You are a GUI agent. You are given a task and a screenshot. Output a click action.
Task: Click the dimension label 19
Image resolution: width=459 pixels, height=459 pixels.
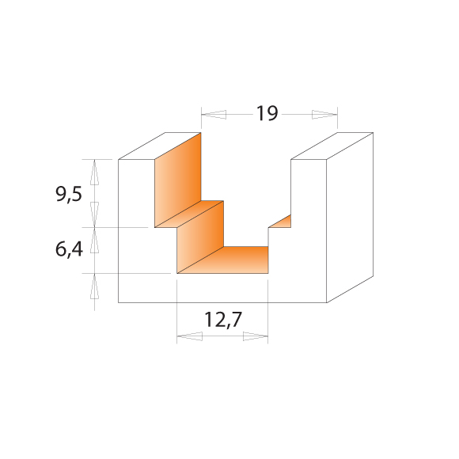(x=267, y=113)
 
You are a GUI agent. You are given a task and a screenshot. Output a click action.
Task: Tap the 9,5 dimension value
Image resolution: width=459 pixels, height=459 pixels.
(x=69, y=194)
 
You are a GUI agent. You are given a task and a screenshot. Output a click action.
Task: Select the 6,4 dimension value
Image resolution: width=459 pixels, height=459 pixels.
(x=69, y=250)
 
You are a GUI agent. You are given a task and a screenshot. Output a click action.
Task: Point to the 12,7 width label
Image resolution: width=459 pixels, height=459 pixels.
(x=223, y=320)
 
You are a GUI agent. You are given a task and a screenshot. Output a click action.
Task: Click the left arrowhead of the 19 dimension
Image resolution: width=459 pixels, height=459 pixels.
(x=214, y=115)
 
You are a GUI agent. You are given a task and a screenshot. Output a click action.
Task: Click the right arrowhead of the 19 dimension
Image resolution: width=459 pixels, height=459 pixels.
(x=324, y=115)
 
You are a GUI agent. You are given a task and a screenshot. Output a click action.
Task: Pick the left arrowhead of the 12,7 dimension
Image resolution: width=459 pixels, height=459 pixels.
(x=190, y=336)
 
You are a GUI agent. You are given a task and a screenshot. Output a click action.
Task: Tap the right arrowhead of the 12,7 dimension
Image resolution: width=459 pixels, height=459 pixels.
(x=256, y=336)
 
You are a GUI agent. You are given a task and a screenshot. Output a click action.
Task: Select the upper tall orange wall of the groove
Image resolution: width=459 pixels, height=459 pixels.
(x=178, y=180)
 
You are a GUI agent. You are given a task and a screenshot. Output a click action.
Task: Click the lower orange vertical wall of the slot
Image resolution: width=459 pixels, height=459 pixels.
(x=200, y=237)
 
